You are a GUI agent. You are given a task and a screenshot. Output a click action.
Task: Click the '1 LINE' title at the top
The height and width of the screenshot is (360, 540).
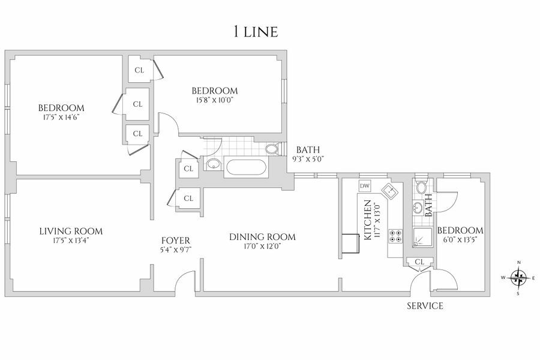click(x=255, y=32)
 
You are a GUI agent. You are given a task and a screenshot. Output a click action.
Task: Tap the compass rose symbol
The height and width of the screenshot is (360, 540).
click(x=518, y=277)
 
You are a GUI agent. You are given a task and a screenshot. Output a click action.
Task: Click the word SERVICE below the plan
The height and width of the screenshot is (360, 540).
click(x=425, y=306)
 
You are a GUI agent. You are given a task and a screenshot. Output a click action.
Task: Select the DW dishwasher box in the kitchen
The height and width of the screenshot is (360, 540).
click(x=365, y=186)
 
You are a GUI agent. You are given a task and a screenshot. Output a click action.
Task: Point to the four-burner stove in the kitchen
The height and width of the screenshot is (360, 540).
click(x=396, y=235)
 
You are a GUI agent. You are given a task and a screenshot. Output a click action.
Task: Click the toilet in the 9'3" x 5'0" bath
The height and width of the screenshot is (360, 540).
click(x=271, y=149)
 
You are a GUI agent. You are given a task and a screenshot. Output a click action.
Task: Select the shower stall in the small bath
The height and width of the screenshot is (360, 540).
click(x=422, y=238)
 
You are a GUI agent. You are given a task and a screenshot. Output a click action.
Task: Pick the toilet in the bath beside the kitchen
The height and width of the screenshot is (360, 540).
click(x=421, y=187)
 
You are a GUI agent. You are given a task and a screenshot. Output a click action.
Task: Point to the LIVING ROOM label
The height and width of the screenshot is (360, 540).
click(x=71, y=231)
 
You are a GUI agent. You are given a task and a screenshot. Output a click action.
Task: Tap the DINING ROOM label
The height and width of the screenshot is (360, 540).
click(x=262, y=236)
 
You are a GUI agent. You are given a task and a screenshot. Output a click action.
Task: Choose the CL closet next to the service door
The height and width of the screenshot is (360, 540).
click(x=420, y=262)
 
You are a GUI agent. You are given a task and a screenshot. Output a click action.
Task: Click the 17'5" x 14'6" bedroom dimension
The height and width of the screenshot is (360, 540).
click(x=58, y=117)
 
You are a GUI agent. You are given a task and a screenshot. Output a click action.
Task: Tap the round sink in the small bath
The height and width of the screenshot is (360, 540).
click(x=418, y=208)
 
